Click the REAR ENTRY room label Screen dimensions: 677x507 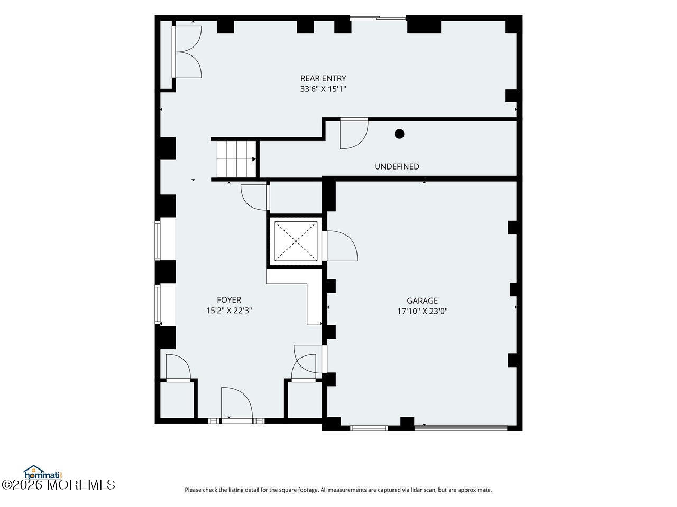[323, 78]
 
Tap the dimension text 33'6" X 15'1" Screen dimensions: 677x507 [323, 89]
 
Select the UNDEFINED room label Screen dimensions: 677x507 [397, 166]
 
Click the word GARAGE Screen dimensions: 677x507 [422, 301]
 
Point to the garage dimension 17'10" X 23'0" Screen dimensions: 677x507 [422, 311]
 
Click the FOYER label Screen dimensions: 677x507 [229, 300]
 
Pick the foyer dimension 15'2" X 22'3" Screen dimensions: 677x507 [229, 311]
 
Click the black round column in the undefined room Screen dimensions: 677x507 [399, 134]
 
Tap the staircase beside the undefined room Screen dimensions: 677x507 [236, 159]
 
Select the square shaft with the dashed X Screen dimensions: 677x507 [296, 241]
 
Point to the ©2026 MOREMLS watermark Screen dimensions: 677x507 [58, 485]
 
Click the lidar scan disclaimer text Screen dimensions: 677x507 [338, 490]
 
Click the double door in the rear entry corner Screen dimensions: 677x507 [187, 52]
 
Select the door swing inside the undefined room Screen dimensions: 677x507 [354, 134]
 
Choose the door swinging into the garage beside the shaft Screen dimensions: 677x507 [340, 246]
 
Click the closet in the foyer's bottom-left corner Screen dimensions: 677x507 [177, 400]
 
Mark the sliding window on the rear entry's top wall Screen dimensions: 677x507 [378, 18]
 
